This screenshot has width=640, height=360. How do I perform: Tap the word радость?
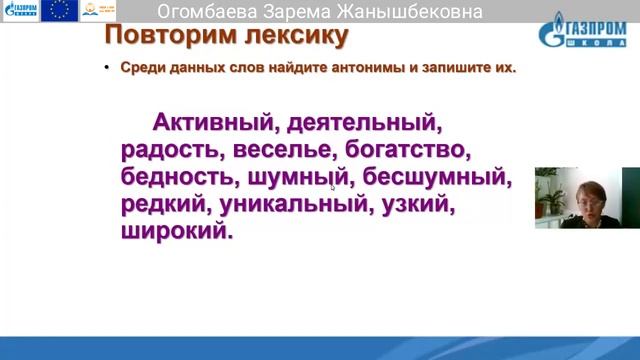[172, 151]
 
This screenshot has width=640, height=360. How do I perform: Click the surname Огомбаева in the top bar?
[209, 12]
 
